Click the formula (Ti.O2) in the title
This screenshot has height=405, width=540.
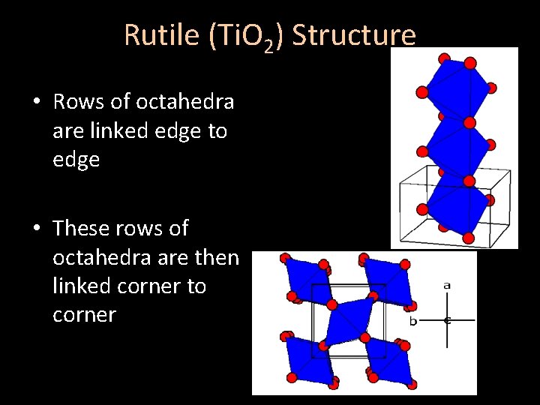[x=237, y=36]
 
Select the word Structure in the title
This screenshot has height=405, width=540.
[x=353, y=34]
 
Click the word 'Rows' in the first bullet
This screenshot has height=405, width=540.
[x=78, y=101]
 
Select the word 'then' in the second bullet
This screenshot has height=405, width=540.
[x=217, y=257]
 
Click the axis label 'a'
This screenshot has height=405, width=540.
[x=447, y=285]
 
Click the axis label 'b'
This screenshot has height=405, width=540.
[x=412, y=321]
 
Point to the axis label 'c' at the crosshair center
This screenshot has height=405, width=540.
[x=448, y=320]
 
